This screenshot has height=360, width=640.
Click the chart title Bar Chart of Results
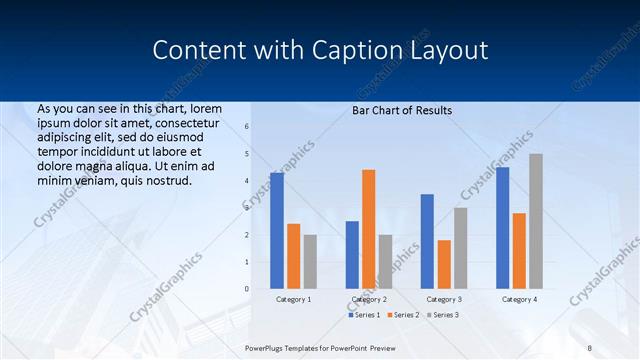pos(402,110)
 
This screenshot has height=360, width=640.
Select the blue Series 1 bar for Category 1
pos(277,231)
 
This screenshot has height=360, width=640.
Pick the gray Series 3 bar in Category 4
pos(536,221)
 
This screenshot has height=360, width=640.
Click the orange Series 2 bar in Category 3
pos(444,264)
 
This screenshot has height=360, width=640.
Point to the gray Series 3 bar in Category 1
pos(310,262)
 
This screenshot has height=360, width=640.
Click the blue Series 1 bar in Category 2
pos(352,255)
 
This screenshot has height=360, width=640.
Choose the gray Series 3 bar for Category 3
pos(460,248)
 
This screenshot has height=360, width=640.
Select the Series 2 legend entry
pos(402,315)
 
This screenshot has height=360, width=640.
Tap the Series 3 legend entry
pos(443,315)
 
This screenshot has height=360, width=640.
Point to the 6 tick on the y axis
pos(247,127)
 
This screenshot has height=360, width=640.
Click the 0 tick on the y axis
pos(247,289)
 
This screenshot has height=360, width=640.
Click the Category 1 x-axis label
pos(294,299)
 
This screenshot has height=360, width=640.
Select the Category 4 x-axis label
pos(519,299)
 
